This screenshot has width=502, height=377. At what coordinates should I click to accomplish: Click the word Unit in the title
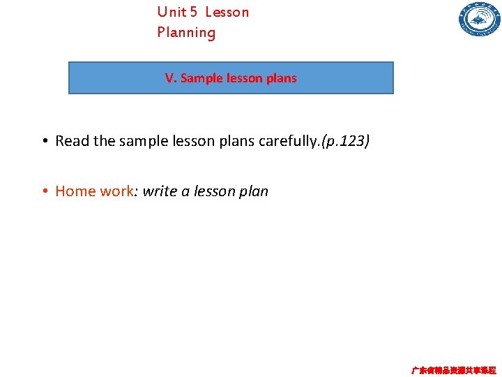[x=172, y=12]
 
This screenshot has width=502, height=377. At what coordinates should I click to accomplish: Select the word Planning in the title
[x=186, y=32]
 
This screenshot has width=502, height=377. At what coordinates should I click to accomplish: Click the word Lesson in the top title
[x=227, y=12]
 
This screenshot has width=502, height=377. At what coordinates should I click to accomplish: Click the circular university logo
[x=479, y=20]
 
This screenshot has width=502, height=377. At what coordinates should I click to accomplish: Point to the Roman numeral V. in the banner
[x=171, y=78]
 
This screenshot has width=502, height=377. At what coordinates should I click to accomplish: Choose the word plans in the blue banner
[x=281, y=78]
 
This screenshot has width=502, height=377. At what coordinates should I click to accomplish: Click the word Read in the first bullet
[x=72, y=141]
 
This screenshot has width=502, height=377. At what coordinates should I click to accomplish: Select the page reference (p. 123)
[x=344, y=141]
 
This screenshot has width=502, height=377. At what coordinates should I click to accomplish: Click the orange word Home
[x=75, y=191]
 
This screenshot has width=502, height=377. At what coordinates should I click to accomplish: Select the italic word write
[x=160, y=191]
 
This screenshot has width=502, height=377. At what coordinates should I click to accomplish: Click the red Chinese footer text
[x=453, y=370]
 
